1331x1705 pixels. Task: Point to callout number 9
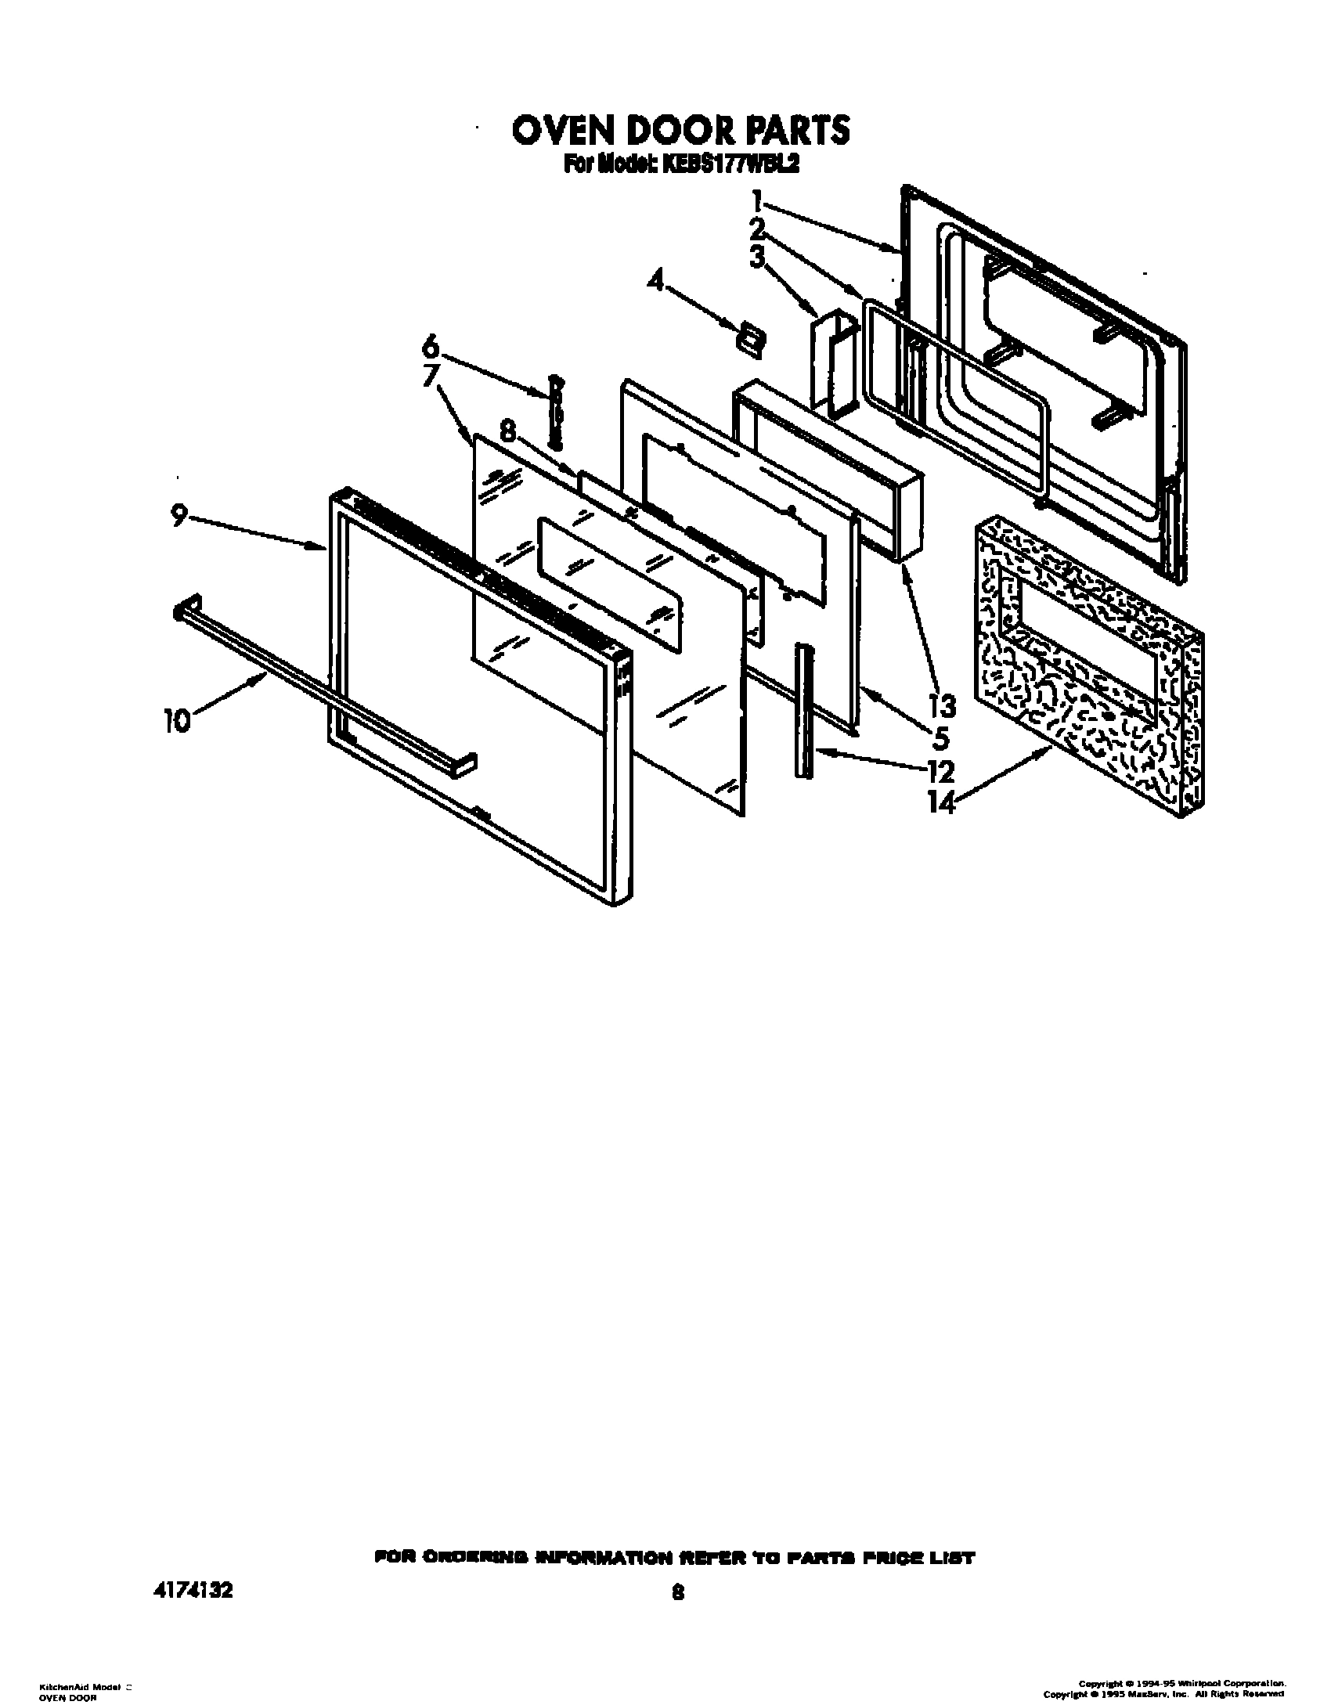tap(179, 515)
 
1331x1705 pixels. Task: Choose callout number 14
tap(941, 802)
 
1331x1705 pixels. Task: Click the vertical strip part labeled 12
tap(802, 711)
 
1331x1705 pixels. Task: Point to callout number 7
tap(430, 376)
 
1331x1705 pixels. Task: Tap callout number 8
tap(508, 431)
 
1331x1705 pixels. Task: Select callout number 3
tap(756, 257)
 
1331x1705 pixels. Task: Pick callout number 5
tap(940, 738)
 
